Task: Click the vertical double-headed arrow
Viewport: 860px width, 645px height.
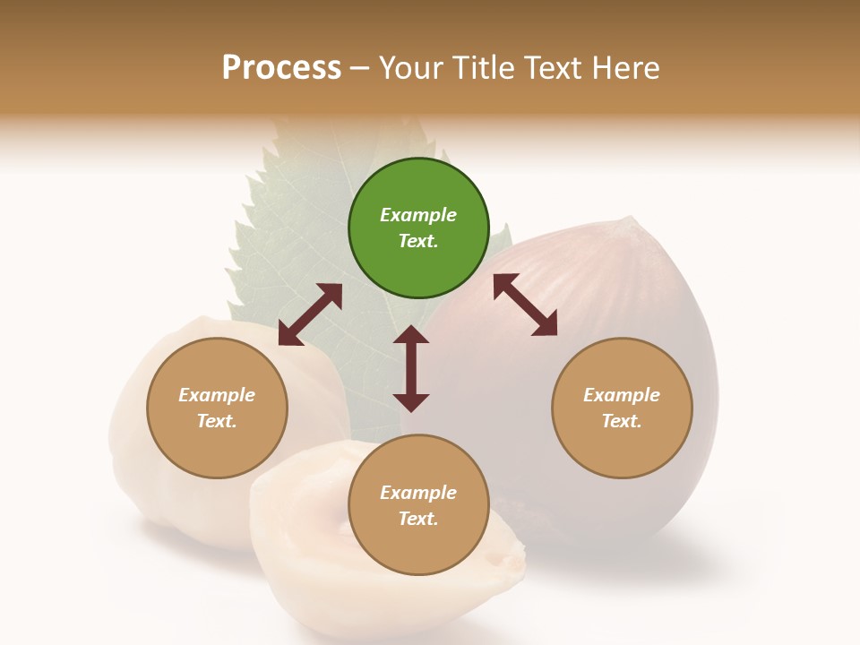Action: (411, 368)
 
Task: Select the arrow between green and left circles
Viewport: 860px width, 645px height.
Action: (310, 314)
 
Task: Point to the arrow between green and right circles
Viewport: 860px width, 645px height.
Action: (526, 305)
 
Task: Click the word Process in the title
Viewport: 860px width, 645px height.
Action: (281, 68)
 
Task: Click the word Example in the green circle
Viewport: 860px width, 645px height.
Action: (418, 215)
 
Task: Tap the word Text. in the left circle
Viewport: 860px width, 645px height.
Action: (217, 421)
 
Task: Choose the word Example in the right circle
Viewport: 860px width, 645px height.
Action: (622, 395)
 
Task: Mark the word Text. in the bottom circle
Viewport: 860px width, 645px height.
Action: (418, 519)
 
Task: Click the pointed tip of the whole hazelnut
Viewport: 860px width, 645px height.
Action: (634, 220)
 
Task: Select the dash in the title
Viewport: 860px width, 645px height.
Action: (360, 68)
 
